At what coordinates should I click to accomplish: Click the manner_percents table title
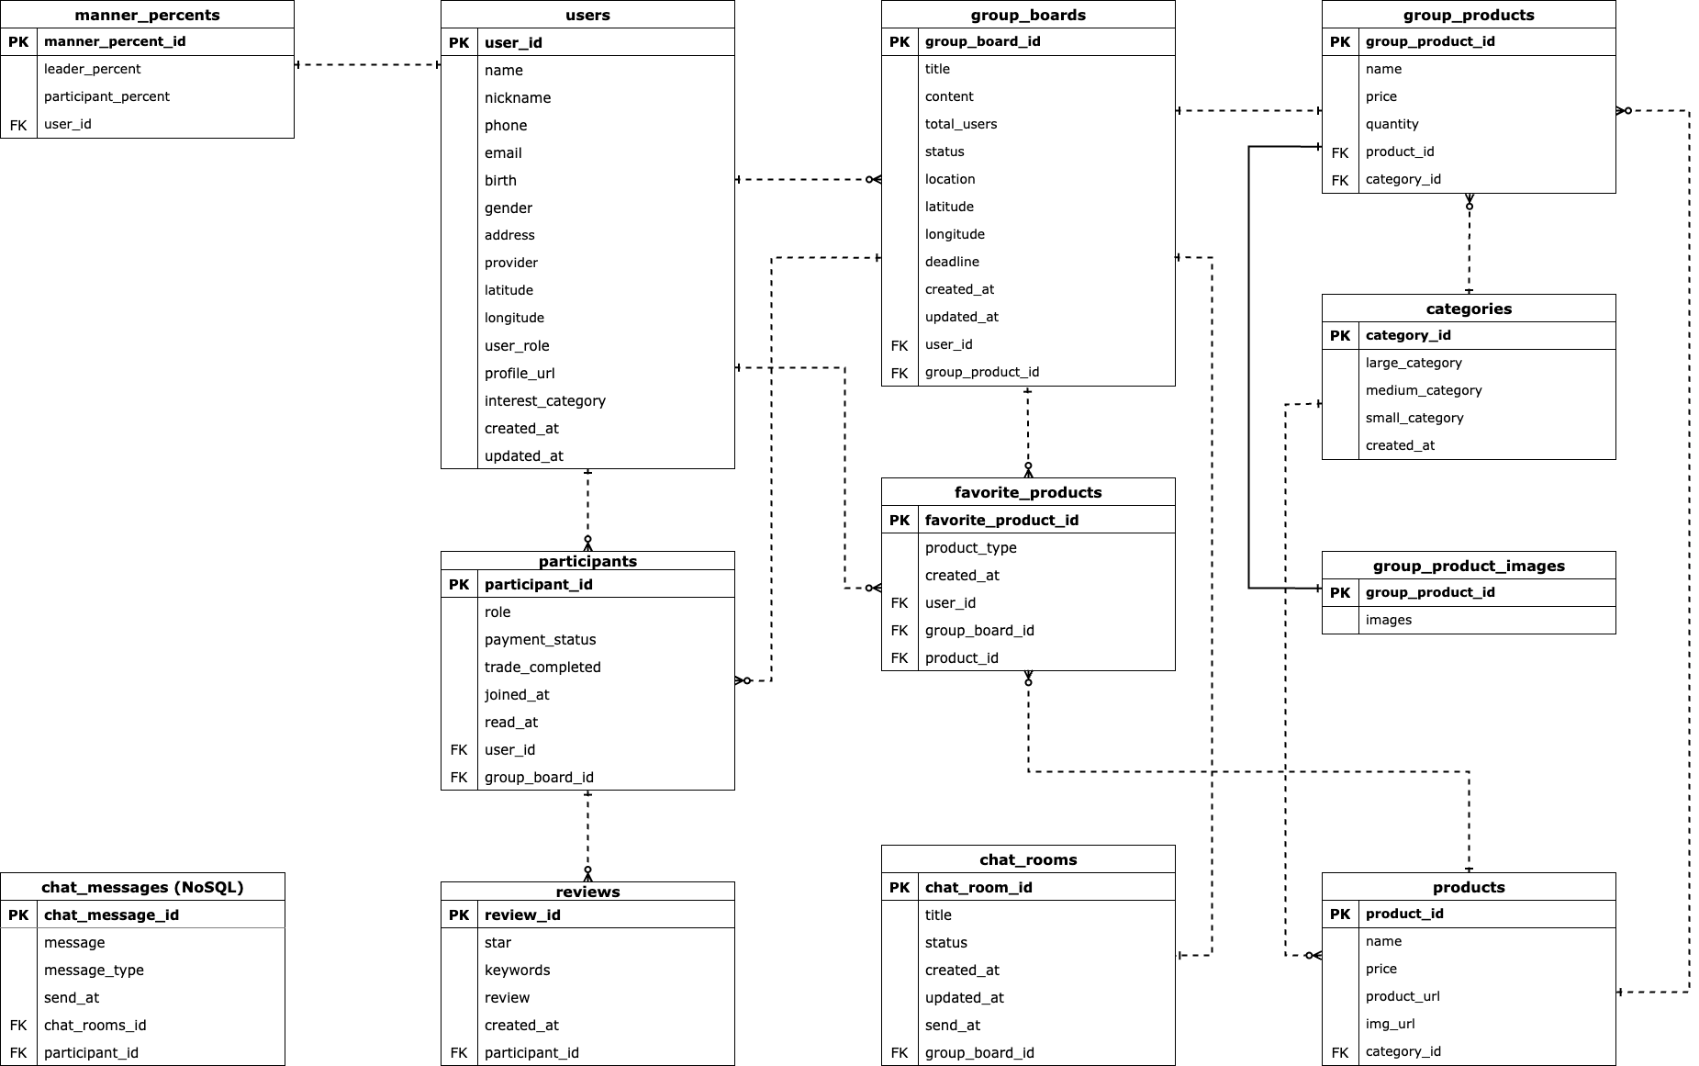tap(147, 15)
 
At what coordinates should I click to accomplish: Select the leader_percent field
tap(92, 69)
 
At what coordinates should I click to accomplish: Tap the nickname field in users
tap(518, 98)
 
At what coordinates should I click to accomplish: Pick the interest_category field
tap(544, 401)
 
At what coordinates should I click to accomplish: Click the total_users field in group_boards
tap(960, 124)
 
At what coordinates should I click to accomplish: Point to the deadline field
tap(952, 262)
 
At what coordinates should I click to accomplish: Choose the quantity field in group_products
tap(1392, 124)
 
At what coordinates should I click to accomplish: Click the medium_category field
tap(1423, 390)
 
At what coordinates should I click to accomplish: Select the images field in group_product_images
tap(1388, 620)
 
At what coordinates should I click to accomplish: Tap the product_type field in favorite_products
tap(970, 548)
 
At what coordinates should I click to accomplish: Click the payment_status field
tap(540, 640)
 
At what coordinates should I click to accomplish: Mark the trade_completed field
tap(542, 668)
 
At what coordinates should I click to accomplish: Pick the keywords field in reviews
tap(517, 971)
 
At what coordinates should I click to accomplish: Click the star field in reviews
tap(497, 943)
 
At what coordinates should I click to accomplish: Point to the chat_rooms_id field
tap(95, 1026)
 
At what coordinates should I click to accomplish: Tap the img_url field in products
tap(1390, 1024)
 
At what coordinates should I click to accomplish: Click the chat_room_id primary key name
tap(978, 888)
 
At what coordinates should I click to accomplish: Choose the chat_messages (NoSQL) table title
tap(142, 887)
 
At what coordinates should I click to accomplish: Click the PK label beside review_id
tap(459, 915)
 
